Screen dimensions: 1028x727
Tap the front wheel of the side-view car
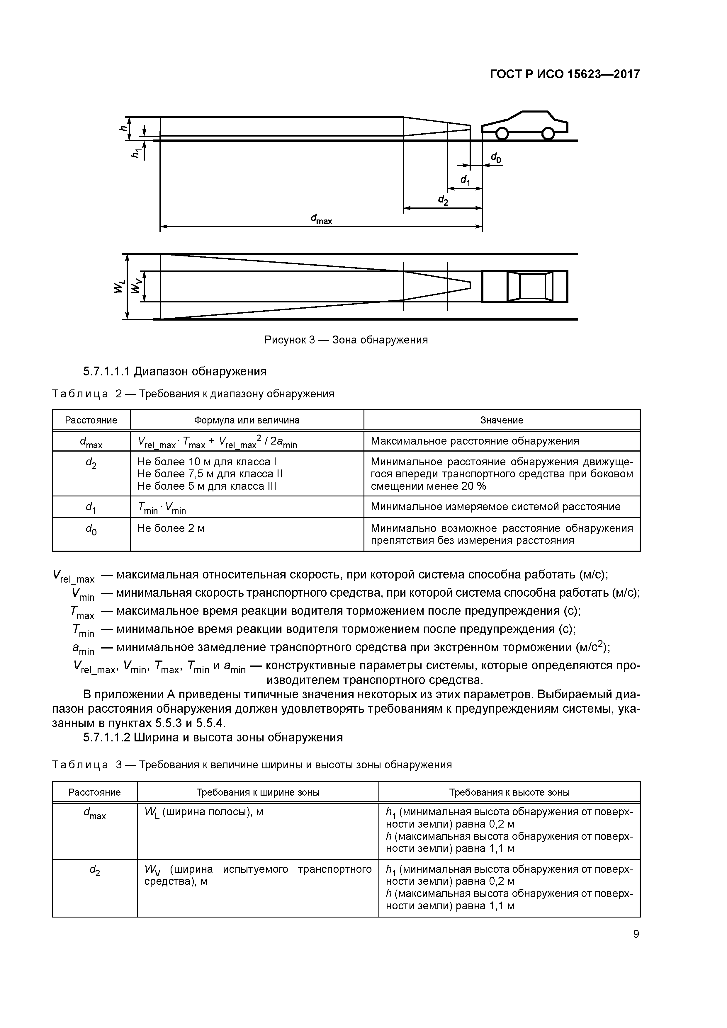502,133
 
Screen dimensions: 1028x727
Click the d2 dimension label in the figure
443,200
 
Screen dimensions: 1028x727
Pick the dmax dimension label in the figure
321,219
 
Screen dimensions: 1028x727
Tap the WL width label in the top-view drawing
118,286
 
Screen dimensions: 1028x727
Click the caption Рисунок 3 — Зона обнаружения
346,340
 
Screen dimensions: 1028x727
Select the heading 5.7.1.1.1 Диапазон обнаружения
175,371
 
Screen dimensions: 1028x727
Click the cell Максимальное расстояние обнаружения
475,441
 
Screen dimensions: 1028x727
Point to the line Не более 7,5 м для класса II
210,474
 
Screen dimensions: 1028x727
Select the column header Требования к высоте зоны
509,792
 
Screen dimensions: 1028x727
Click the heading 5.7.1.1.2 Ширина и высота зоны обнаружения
213,737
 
